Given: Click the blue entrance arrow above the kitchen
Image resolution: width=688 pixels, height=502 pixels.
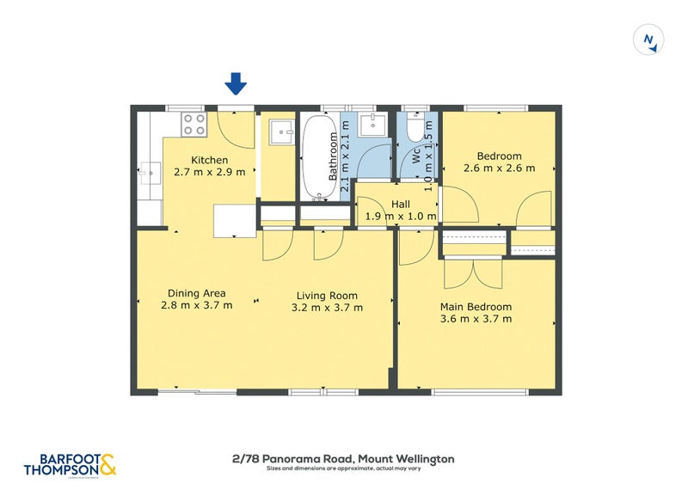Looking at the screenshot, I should [236, 83].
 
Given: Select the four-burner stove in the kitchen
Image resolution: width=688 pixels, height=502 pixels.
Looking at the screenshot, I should [193, 125].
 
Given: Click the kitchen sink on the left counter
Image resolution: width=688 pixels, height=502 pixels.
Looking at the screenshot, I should [152, 174].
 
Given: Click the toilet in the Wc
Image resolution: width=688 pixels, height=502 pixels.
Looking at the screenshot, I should [415, 129].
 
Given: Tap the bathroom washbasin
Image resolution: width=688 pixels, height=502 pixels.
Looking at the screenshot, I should [372, 125].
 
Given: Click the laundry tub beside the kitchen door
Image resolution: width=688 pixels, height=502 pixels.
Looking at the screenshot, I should [279, 132].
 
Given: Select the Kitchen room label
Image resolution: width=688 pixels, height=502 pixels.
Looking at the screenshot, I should [209, 160].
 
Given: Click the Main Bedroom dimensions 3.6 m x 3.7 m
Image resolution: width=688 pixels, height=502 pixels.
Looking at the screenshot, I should [476, 319].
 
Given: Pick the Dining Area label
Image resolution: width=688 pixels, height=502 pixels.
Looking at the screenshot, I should [196, 293].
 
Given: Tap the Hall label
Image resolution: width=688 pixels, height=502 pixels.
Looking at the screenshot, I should [400, 204].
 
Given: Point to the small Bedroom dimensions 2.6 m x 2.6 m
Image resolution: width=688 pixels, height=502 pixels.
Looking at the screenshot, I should [499, 168].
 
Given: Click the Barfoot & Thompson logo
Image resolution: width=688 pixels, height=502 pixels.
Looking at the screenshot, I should [69, 464].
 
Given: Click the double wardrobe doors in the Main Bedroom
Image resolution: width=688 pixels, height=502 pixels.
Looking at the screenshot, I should [472, 272].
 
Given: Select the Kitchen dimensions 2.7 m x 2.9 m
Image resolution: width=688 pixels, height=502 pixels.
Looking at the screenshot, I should [209, 172].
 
